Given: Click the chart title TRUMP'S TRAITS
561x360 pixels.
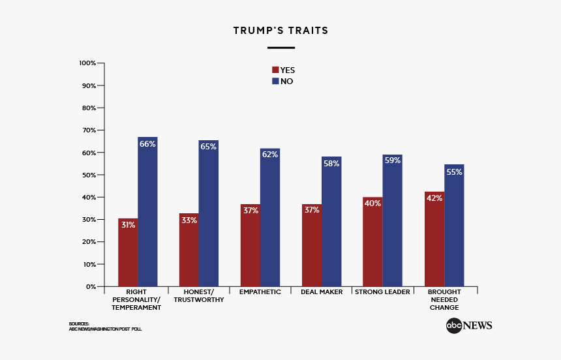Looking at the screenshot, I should click(280, 31).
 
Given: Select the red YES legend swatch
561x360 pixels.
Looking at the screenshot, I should click(275, 70).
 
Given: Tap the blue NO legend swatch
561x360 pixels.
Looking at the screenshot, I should click(275, 82).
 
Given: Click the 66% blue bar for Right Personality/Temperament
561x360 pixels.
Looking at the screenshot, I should click(147, 212).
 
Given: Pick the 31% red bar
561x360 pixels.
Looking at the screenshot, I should click(128, 252).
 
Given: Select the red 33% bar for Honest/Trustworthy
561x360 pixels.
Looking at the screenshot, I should click(189, 250).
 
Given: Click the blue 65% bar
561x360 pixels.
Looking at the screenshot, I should click(209, 213).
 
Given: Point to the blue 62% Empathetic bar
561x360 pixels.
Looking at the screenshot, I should click(270, 217).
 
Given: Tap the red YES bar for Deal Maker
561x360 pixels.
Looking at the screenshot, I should click(312, 245).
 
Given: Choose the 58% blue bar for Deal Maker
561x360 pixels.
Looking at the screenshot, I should click(331, 222).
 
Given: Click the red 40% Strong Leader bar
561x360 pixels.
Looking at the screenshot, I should click(372, 242).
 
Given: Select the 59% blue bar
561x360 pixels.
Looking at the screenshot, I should click(393, 220).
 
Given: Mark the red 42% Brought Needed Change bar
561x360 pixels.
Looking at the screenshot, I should click(434, 239).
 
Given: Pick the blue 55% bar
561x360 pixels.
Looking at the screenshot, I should click(454, 225).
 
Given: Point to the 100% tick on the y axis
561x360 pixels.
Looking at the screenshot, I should click(88, 63).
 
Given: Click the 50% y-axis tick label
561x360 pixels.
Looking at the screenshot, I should click(88, 175).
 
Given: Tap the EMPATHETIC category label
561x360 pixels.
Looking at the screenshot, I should click(260, 292).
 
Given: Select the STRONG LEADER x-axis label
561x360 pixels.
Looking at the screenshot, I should click(382, 292).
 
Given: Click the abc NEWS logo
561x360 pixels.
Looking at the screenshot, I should click(469, 325).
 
